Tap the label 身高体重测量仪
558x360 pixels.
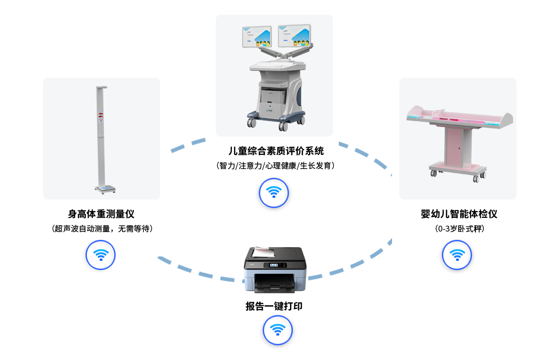click(101, 214)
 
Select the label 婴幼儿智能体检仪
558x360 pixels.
click(458, 214)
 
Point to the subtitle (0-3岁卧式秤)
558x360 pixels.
click(458, 229)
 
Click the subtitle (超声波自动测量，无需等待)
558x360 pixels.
click(102, 229)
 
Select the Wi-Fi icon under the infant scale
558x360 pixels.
click(456, 254)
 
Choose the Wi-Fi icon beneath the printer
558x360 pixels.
click(277, 330)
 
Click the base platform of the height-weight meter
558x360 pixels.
click(105, 188)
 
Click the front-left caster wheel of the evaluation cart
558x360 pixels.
click(252, 123)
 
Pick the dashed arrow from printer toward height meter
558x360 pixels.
click(195, 270)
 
